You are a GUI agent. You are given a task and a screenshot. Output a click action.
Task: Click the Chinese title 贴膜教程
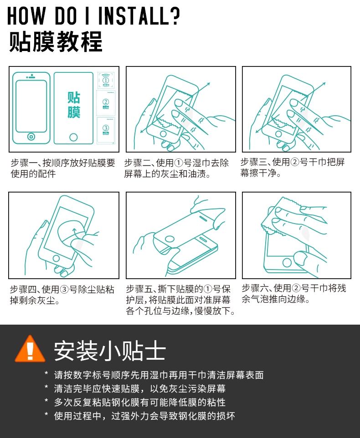56,41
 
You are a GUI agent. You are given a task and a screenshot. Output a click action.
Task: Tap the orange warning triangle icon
30,350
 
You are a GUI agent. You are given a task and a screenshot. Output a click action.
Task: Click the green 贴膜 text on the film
74,105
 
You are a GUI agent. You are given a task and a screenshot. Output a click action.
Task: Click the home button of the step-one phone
31,137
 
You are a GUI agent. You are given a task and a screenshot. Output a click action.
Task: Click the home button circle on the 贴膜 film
73,137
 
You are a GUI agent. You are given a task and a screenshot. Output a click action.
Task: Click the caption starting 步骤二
176,168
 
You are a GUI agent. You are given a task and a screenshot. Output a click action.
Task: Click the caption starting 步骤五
180,300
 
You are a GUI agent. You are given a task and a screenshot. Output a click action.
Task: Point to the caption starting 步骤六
293,294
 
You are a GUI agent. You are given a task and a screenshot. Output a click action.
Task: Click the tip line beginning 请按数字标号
159,375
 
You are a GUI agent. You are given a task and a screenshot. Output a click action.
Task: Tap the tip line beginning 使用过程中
144,416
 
